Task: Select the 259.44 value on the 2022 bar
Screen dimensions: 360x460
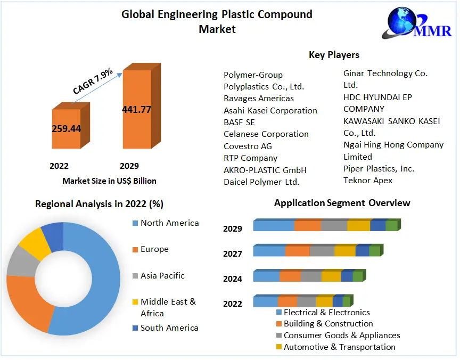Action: coord(66,128)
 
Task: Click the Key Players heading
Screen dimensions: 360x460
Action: coord(334,55)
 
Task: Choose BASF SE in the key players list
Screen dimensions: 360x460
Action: coord(239,122)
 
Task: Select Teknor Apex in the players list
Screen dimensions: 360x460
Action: coord(368,181)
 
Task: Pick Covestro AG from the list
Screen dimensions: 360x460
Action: coord(248,146)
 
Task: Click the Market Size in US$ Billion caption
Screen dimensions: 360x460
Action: coord(109,181)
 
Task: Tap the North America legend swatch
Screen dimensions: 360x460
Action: coord(135,223)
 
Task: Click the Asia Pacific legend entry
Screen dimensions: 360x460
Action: coord(162,276)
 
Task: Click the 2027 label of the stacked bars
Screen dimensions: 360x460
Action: coord(233,254)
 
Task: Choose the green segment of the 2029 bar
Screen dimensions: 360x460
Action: coord(391,226)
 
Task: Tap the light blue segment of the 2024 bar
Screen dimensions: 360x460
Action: coord(266,276)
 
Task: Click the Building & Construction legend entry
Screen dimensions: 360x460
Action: coord(328,324)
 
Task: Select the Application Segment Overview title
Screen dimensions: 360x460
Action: coord(342,203)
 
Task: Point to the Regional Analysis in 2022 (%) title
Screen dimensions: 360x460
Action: coord(99,204)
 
